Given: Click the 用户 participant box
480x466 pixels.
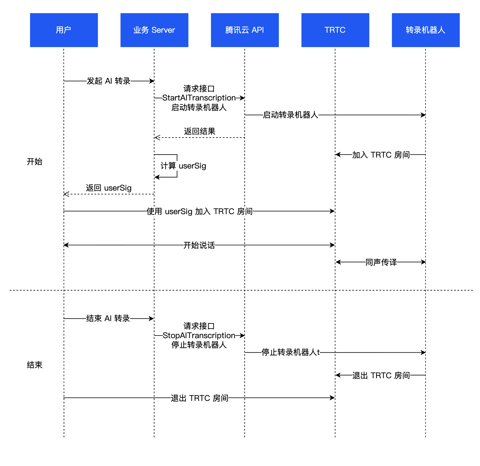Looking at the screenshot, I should point(64,30).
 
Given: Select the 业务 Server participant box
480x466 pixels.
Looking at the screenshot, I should point(154,30).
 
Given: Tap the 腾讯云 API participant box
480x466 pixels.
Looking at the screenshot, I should point(244,30).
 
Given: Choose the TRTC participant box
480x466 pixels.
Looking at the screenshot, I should point(335,30).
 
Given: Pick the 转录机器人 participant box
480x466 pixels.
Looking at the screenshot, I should point(425,30).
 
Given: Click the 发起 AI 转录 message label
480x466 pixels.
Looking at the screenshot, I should point(108,81).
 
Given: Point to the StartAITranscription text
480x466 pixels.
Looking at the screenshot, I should point(199,98).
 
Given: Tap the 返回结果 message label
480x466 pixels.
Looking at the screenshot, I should point(199,131).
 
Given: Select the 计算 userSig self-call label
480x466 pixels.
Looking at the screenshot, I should point(183,166).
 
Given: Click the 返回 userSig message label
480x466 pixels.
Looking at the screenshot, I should point(108,188).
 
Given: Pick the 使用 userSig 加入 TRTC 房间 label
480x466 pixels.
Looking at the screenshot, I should point(199,211).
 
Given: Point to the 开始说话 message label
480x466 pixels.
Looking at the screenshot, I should point(199,245).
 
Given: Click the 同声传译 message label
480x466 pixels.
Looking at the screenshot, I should point(381,262).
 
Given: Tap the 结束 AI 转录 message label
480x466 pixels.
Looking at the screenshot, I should point(108,318).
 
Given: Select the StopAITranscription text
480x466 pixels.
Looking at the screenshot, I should point(199,336).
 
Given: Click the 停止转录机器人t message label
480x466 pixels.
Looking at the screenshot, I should point(290,352).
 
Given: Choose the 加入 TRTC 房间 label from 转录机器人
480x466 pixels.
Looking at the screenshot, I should point(381,155).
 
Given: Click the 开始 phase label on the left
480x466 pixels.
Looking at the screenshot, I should point(34,162).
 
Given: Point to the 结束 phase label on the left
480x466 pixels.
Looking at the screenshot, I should point(34,365).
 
